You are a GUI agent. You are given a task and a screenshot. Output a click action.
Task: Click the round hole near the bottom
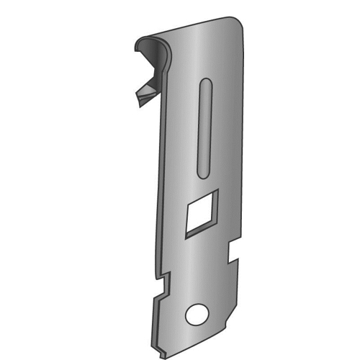click(195, 314)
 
